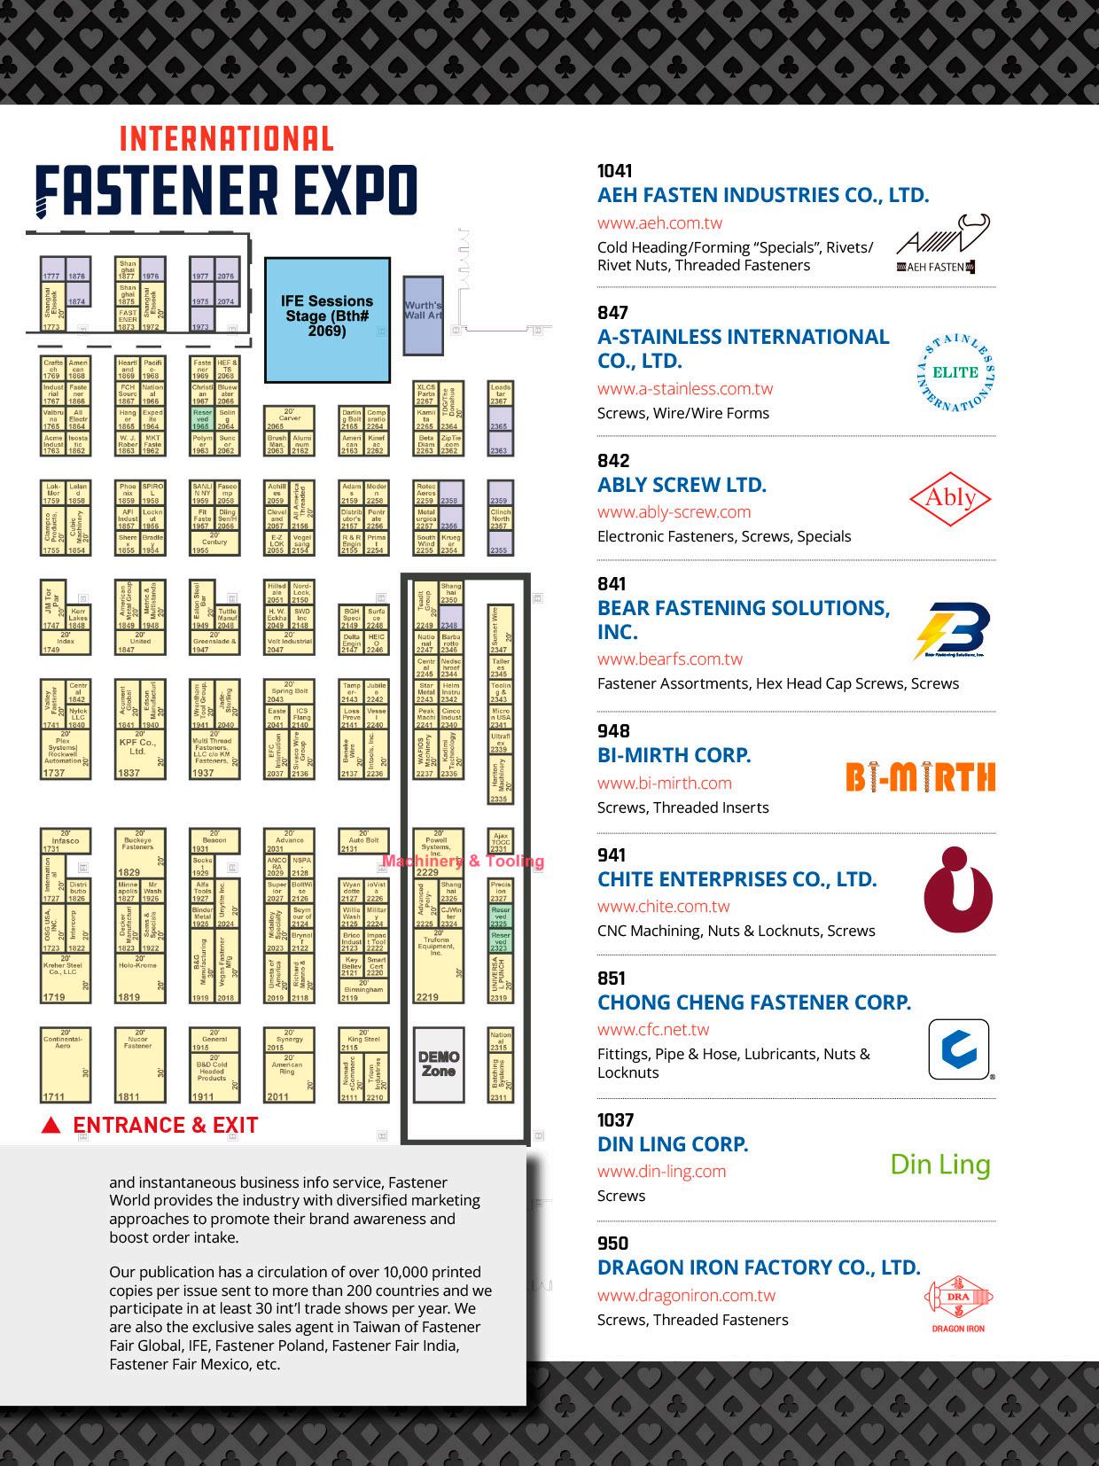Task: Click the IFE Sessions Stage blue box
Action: tap(328, 319)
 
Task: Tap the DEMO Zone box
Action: tap(439, 1064)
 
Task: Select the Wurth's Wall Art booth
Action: tap(423, 315)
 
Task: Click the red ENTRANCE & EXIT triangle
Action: tap(51, 1126)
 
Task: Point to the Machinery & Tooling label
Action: tap(463, 861)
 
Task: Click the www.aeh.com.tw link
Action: tap(659, 223)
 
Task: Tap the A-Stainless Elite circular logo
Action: tap(955, 373)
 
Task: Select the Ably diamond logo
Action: tap(950, 499)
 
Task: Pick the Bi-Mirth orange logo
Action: tap(920, 777)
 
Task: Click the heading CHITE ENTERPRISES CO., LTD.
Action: tap(737, 879)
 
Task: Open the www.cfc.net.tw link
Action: tap(653, 1030)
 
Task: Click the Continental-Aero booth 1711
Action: tap(66, 1064)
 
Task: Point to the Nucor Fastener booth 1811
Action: tap(140, 1064)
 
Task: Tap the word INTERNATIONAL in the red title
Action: tap(226, 139)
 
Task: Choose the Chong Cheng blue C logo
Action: tap(959, 1049)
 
